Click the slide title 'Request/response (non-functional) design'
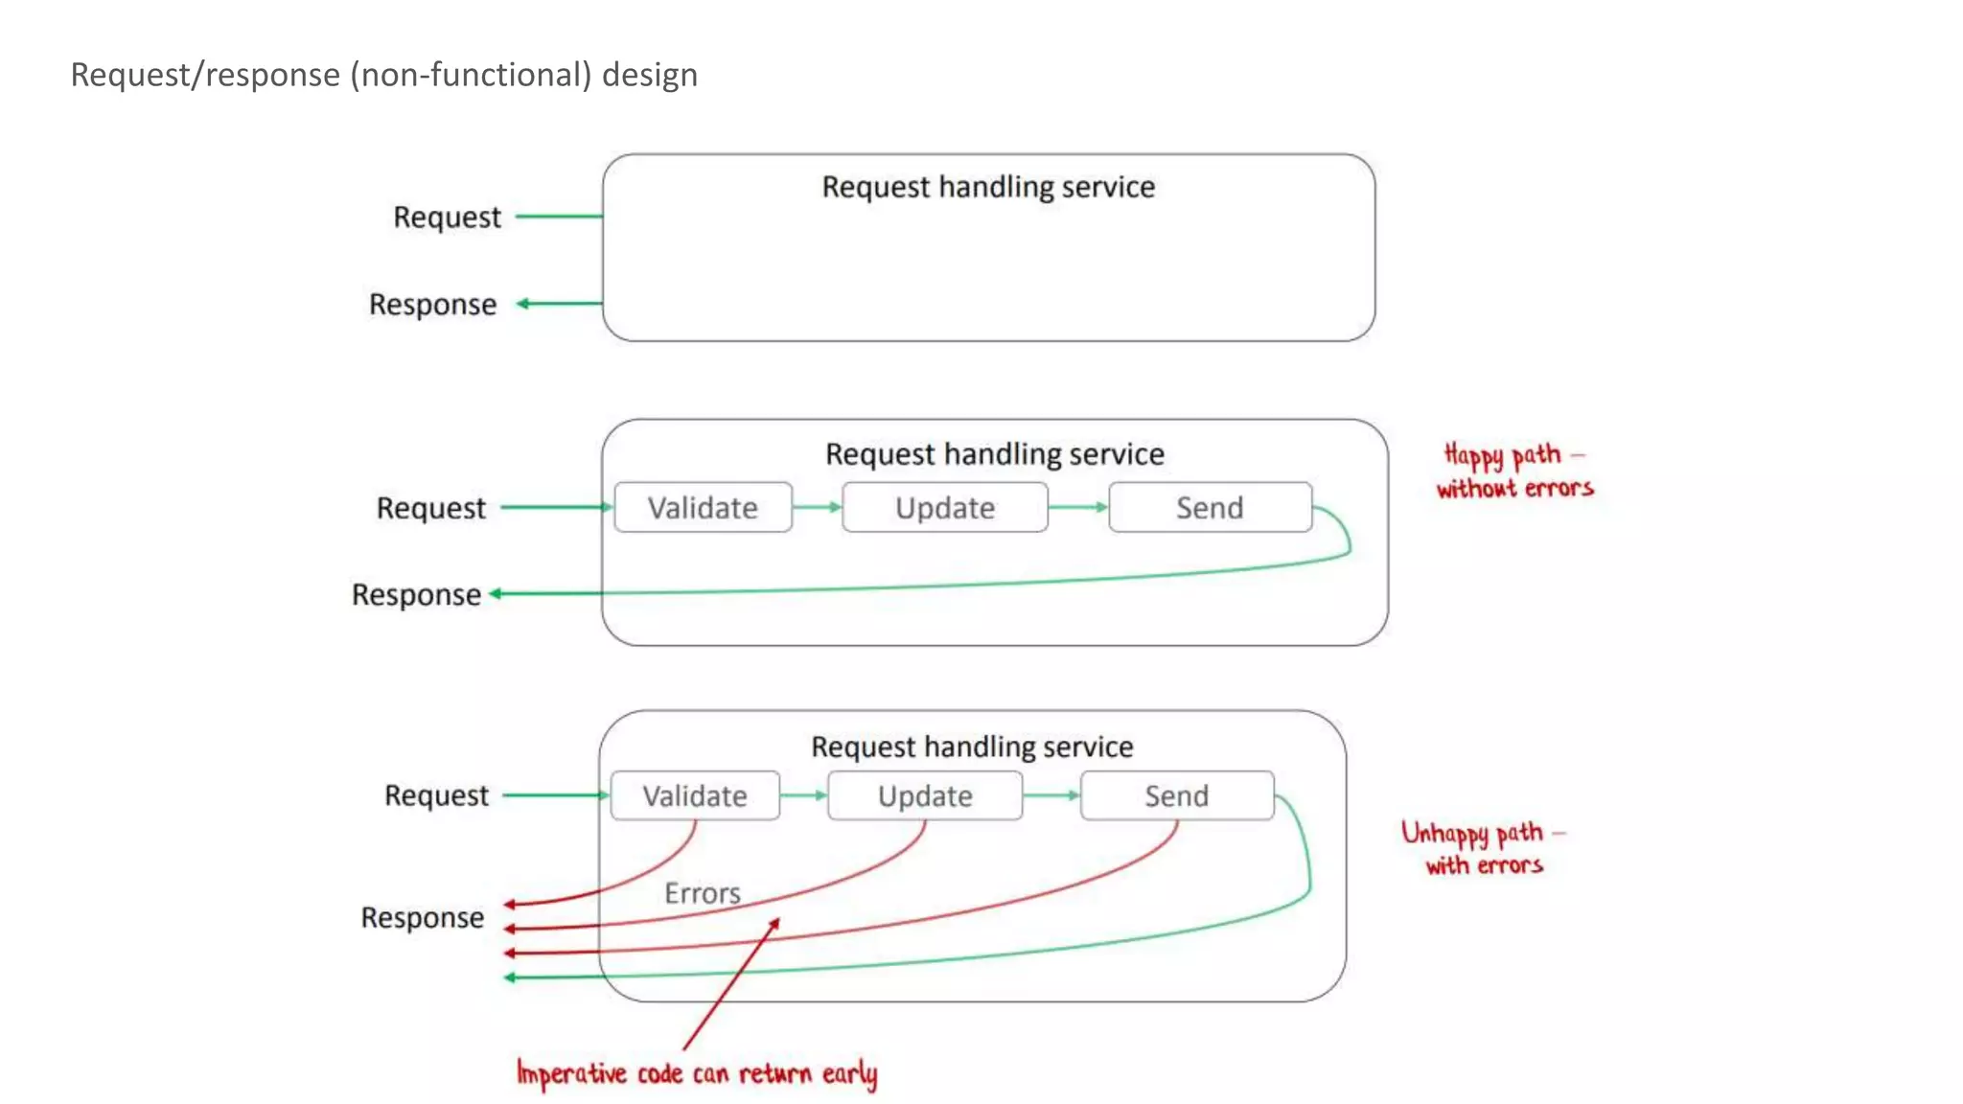383,75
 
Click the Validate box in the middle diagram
703,507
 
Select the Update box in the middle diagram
944,507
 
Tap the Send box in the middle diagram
1210,507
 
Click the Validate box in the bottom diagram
695,795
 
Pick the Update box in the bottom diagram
925,795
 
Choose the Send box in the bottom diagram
1177,795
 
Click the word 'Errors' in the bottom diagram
703,893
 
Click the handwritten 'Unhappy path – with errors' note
1483,848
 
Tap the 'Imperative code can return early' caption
697,1073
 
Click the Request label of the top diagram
447,218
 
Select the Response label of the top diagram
433,305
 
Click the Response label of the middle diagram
416,595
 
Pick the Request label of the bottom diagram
436,795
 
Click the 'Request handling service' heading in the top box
988,187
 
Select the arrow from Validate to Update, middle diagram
817,507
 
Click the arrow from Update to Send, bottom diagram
1051,795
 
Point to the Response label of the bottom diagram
422,918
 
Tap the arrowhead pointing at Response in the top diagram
523,304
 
